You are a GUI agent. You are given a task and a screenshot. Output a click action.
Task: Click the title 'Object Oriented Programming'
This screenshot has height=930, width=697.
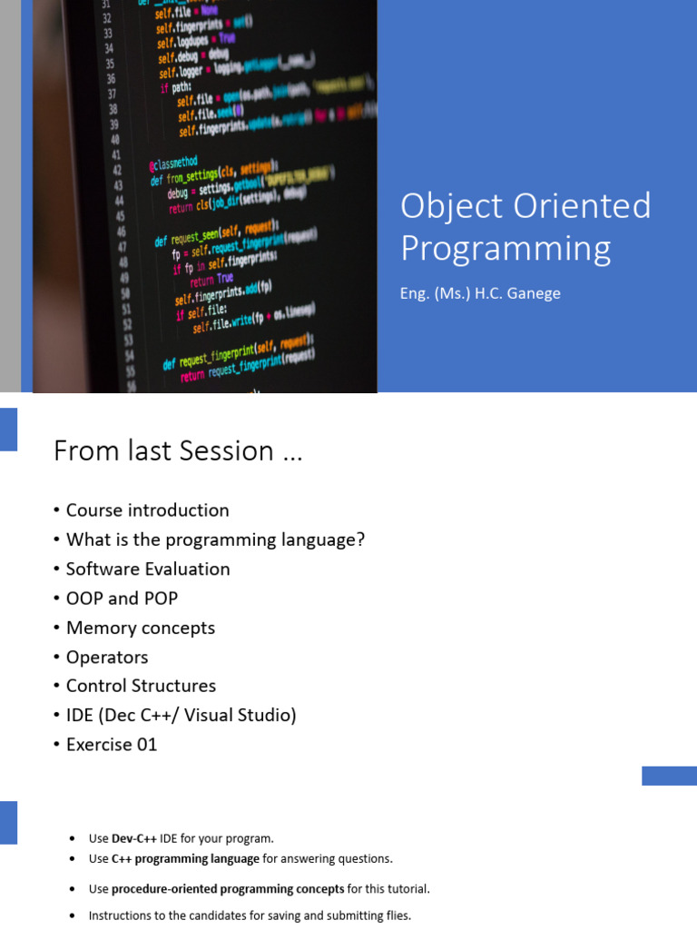525,226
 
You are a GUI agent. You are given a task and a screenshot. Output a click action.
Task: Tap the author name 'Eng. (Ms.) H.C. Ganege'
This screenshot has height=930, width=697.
481,293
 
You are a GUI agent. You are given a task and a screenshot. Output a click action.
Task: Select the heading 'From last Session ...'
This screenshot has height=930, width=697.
177,450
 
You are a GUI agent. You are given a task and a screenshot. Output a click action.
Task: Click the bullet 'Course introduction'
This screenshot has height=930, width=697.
147,510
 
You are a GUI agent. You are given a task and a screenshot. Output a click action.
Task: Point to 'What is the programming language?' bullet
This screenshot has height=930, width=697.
215,539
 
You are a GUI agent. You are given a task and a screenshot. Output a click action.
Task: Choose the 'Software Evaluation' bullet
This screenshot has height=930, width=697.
148,569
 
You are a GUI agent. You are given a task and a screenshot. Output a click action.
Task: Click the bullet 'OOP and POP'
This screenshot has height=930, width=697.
122,598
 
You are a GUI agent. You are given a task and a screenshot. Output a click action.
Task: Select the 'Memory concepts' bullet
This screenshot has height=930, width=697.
140,628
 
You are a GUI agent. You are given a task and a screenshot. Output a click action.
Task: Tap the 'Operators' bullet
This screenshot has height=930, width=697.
106,657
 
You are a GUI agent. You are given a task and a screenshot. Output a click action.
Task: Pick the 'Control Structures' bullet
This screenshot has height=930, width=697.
141,686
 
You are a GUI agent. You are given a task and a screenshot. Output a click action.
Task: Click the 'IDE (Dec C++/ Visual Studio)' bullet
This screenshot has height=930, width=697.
181,715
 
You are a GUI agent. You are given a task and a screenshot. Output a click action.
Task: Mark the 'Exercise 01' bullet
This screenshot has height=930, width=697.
112,744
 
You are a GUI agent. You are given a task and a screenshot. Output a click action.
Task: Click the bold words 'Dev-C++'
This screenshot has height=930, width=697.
134,838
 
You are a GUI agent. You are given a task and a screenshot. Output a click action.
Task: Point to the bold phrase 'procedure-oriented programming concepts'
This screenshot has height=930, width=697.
228,889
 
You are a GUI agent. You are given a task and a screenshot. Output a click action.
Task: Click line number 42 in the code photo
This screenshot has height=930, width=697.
116,170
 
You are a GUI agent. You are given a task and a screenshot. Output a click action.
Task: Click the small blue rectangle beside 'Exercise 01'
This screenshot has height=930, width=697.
669,776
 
